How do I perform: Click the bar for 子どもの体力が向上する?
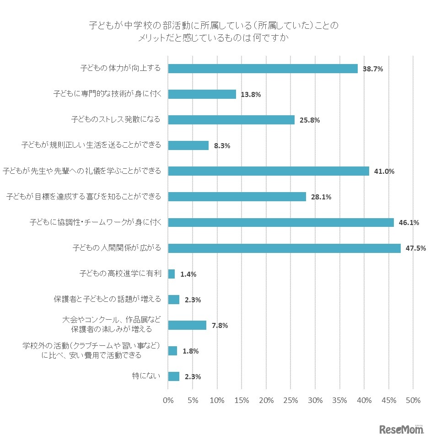click(263, 69)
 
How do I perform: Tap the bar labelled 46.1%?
click(281, 223)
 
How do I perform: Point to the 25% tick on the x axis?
click(290, 400)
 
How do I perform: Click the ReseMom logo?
click(401, 429)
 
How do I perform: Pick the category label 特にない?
click(146, 376)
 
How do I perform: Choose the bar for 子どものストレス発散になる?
click(231, 120)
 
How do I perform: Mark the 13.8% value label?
click(251, 95)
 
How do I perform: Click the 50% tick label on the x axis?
click(413, 400)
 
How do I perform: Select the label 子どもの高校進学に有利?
click(120, 274)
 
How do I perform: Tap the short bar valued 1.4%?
click(172, 274)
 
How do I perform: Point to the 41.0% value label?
click(384, 172)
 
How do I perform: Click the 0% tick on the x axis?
click(168, 400)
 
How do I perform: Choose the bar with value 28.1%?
click(237, 197)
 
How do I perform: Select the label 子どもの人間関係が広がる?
click(117, 248)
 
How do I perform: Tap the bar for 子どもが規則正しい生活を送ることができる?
click(188, 145)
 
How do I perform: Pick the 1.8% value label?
click(190, 351)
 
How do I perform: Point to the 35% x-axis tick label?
click(340, 400)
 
